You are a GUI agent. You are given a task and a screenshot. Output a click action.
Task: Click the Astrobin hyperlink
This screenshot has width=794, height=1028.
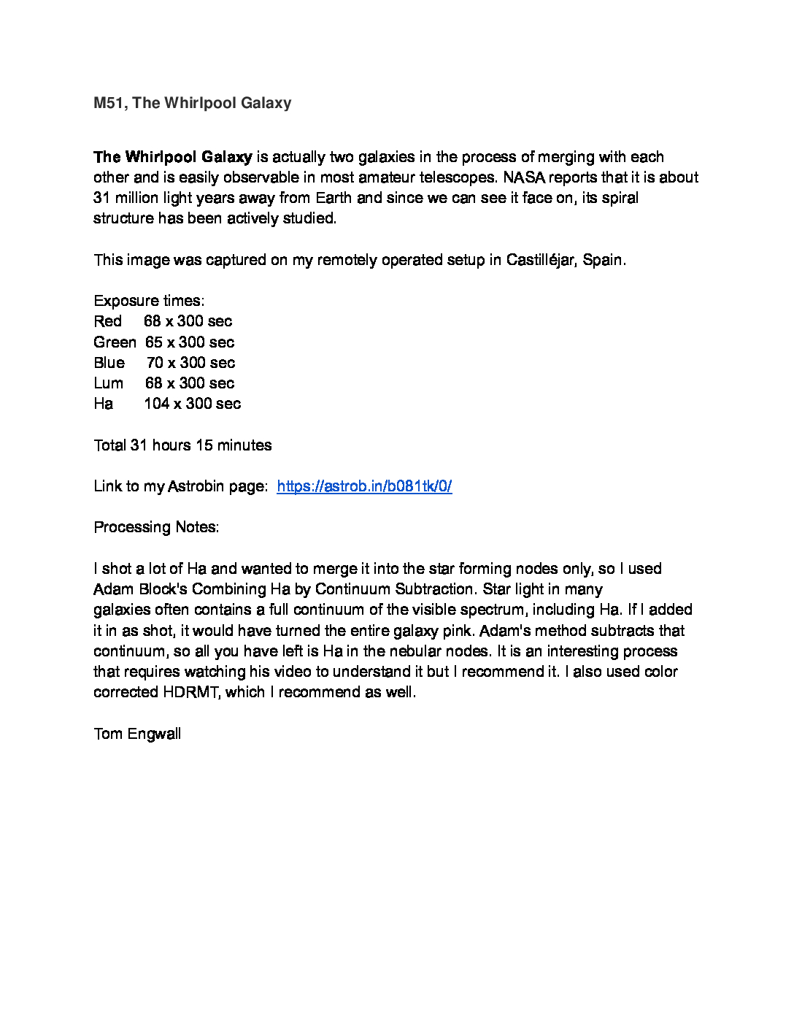click(364, 486)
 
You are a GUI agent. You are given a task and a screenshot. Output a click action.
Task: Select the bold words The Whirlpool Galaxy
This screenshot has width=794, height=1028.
click(173, 157)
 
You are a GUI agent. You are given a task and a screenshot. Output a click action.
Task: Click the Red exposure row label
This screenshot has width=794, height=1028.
click(108, 321)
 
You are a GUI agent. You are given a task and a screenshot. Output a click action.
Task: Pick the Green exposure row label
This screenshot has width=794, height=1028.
click(115, 342)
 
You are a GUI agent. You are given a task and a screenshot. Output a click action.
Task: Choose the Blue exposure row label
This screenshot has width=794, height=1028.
click(109, 363)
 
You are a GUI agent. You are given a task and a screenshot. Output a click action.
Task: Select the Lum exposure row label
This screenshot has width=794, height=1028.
click(109, 383)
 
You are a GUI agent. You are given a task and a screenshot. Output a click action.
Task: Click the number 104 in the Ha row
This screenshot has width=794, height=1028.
click(157, 404)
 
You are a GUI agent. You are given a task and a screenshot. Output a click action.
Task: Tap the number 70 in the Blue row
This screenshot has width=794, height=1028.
click(155, 363)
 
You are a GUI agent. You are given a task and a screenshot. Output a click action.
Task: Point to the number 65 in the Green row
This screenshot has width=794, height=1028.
click(154, 342)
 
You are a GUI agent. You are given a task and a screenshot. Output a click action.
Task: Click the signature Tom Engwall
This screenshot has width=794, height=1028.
click(137, 734)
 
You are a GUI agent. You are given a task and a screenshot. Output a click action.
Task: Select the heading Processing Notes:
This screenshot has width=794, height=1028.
click(156, 527)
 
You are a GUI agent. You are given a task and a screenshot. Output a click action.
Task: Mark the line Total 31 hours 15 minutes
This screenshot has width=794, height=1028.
click(182, 445)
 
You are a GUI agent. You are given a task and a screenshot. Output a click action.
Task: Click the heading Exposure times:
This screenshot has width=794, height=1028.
click(149, 301)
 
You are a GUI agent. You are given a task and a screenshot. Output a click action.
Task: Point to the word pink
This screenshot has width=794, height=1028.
click(458, 631)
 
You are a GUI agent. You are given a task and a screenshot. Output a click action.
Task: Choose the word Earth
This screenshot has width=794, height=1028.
click(334, 198)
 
